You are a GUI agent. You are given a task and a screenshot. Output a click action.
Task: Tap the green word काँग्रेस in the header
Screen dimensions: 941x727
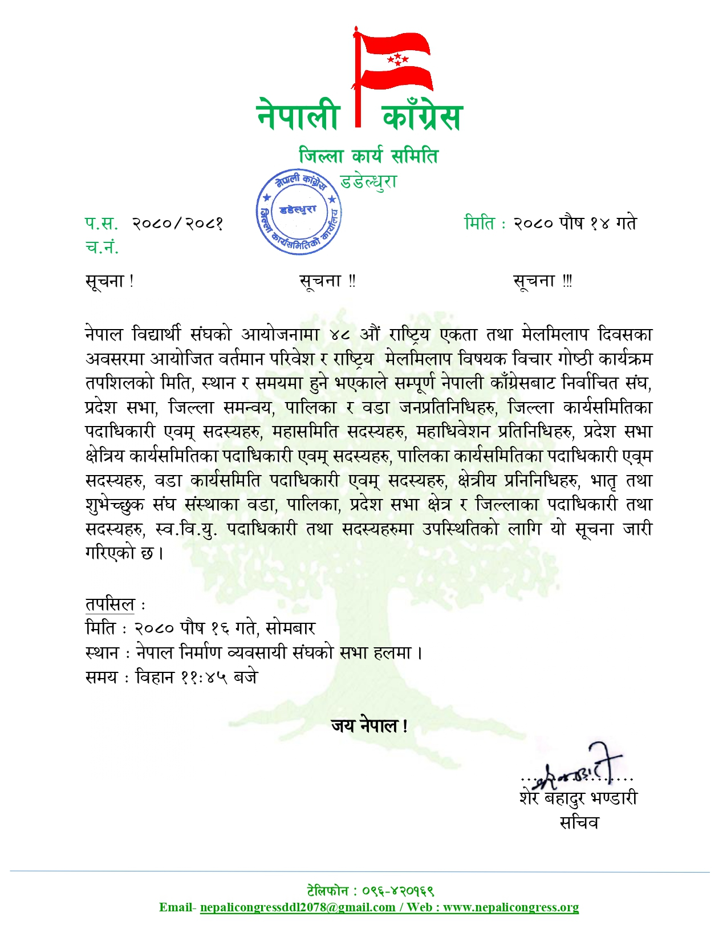(x=422, y=116)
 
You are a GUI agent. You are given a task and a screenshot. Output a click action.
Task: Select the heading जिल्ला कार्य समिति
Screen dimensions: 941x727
(x=368, y=156)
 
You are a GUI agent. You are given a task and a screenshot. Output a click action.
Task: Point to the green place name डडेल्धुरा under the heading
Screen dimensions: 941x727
(x=368, y=181)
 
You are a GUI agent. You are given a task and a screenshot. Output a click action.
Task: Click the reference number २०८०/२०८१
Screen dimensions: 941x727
(x=177, y=223)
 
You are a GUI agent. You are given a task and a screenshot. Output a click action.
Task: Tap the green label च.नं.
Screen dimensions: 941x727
(x=102, y=247)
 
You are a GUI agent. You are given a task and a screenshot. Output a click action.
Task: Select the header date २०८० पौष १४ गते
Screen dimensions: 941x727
(x=575, y=223)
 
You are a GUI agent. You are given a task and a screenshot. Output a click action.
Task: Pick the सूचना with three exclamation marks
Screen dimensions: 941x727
(x=542, y=281)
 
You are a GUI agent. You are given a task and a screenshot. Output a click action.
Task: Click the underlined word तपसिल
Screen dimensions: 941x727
(x=110, y=605)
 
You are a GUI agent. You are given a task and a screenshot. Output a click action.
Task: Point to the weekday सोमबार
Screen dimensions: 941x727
(x=290, y=628)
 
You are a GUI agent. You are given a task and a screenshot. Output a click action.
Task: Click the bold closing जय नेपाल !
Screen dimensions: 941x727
(x=369, y=726)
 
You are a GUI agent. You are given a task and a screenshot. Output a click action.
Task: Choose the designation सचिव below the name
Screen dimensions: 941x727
(x=579, y=823)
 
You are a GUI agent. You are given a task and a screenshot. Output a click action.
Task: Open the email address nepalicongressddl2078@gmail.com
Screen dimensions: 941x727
(x=298, y=907)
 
